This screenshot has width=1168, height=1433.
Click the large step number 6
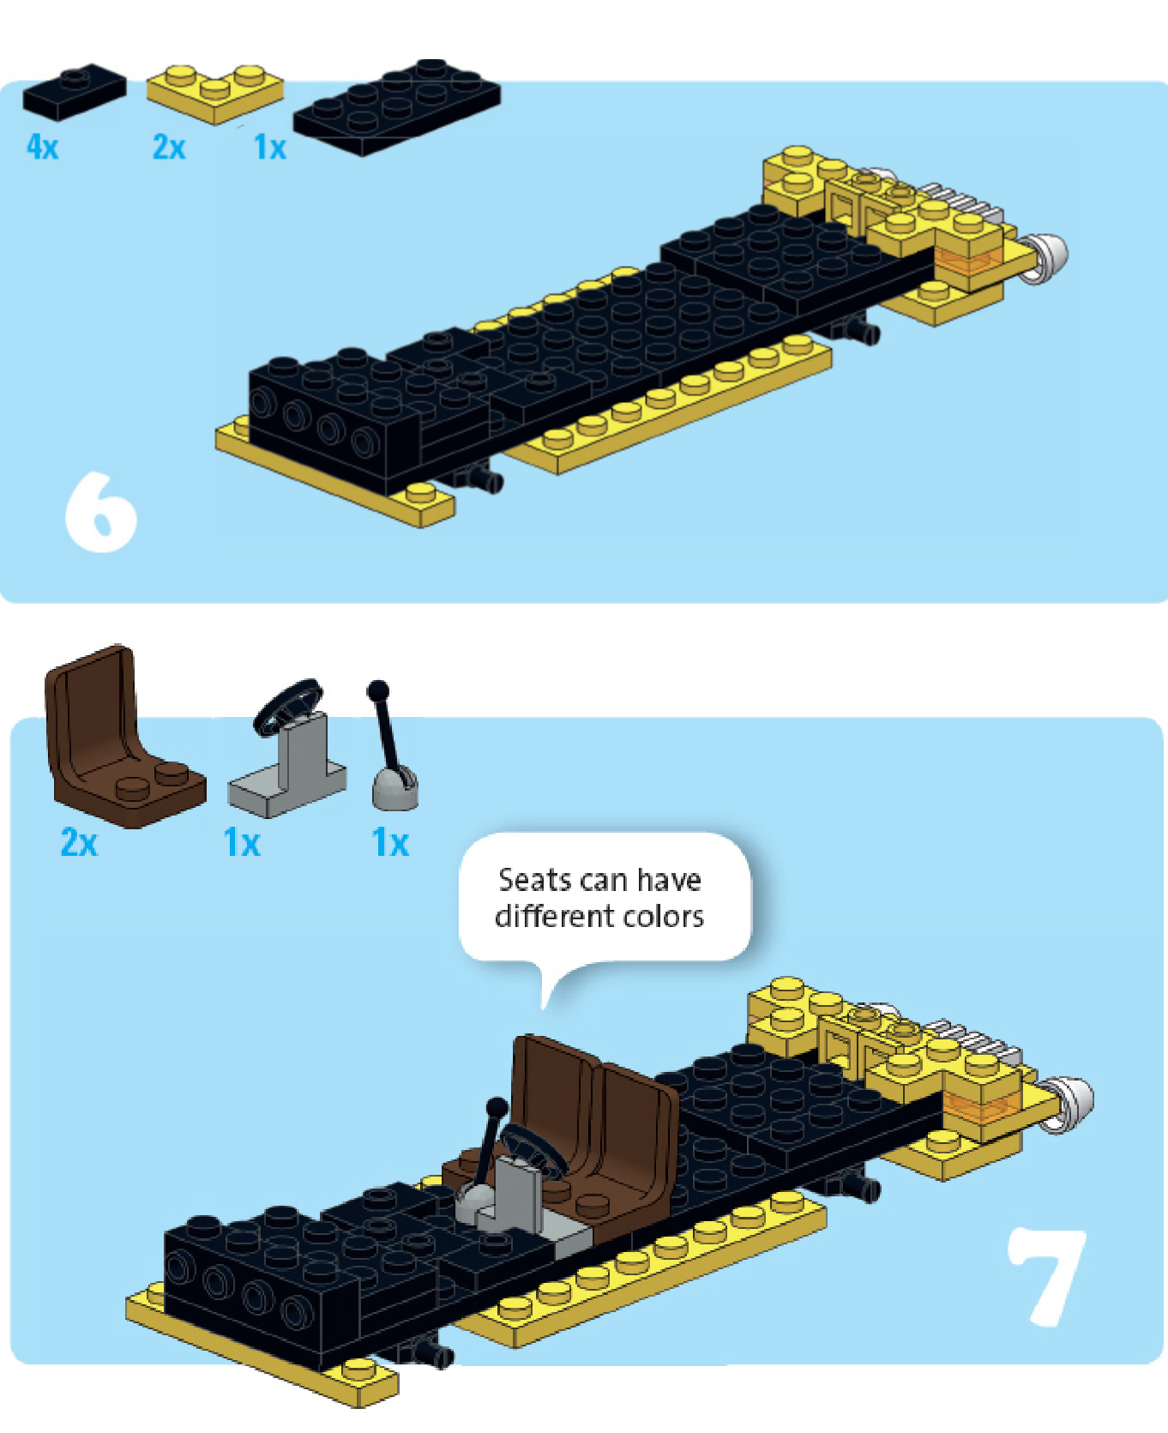pos(101,512)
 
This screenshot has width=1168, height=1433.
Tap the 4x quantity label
pos(42,147)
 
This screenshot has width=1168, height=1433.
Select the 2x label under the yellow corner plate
pos(169,148)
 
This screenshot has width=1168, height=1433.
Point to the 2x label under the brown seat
pos(79,842)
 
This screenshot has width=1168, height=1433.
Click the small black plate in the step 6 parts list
pos(74,90)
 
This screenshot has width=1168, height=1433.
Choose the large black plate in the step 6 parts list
pos(396,107)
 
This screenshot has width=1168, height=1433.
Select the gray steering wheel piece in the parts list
pos(288,750)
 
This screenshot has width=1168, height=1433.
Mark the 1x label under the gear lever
pos(390,843)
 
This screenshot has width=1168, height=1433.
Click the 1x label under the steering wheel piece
pos(241,843)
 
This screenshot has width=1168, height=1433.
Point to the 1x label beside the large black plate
pos(269,148)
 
